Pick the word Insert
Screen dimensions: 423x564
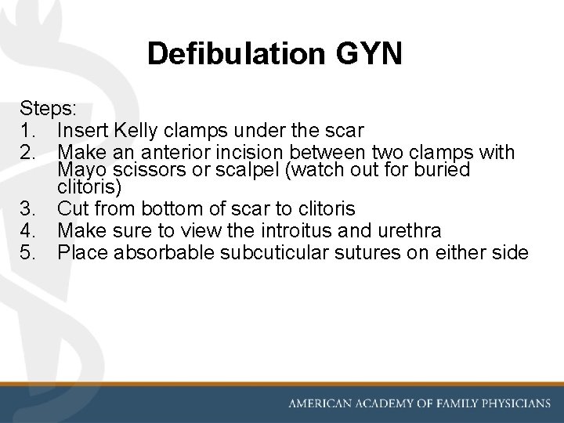[x=84, y=129]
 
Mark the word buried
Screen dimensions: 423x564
[x=442, y=170]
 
